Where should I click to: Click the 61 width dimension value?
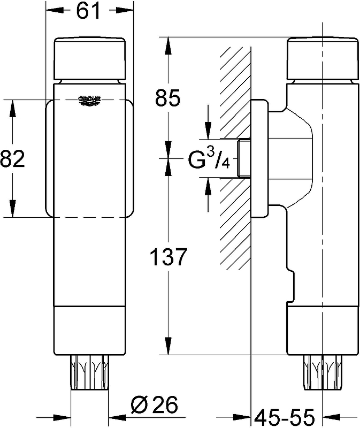coord(88,11)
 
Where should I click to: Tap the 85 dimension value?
coord(167,97)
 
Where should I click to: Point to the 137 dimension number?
coord(168,257)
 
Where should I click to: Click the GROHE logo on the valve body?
coord(89,101)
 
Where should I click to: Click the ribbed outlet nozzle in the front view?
coord(90,372)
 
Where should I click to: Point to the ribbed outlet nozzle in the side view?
coord(323,372)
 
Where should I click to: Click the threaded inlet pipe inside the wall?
coord(244,158)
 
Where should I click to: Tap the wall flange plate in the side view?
coord(259,158)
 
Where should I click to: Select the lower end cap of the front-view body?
coord(90,331)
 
